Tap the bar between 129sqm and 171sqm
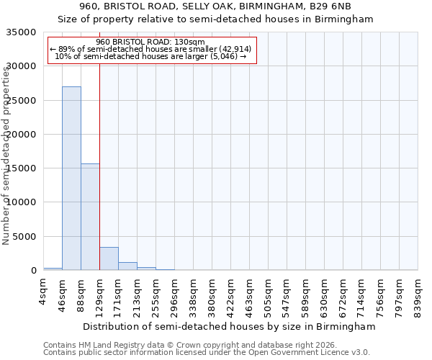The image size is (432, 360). (x=109, y=258)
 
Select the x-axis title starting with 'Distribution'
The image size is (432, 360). (x=230, y=327)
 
